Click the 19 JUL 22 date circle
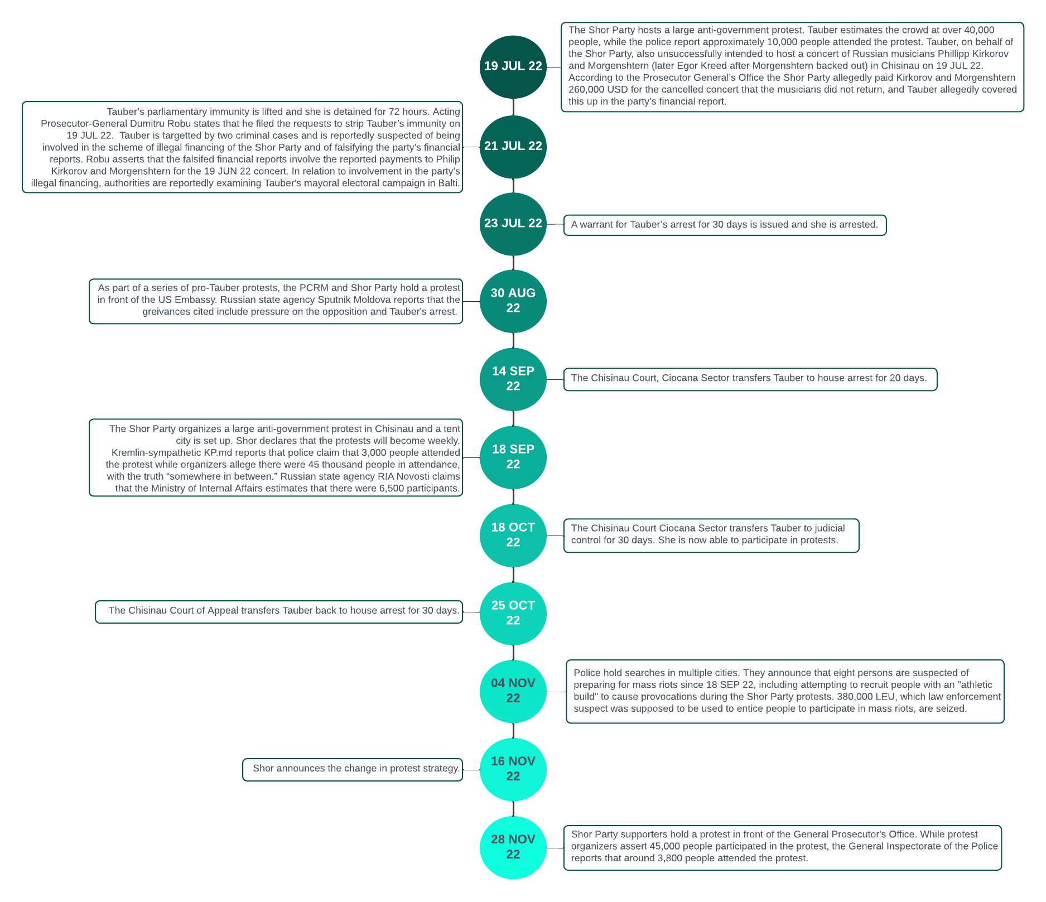(x=513, y=67)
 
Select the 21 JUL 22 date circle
(x=513, y=147)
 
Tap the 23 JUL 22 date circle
(x=513, y=224)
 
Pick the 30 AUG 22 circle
(x=513, y=301)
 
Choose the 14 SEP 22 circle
(x=513, y=379)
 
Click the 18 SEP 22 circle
(x=513, y=457)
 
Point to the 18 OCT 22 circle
(x=513, y=536)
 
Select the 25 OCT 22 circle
(x=513, y=614)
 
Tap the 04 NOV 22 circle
(x=513, y=692)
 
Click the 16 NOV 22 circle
(x=513, y=770)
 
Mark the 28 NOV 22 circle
(x=513, y=848)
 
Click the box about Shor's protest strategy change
(x=353, y=770)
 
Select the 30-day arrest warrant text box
(x=725, y=225)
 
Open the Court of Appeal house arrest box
(x=279, y=612)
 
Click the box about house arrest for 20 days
(x=750, y=379)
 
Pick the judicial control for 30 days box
(x=711, y=536)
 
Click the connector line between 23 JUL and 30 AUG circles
(x=513, y=263)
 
